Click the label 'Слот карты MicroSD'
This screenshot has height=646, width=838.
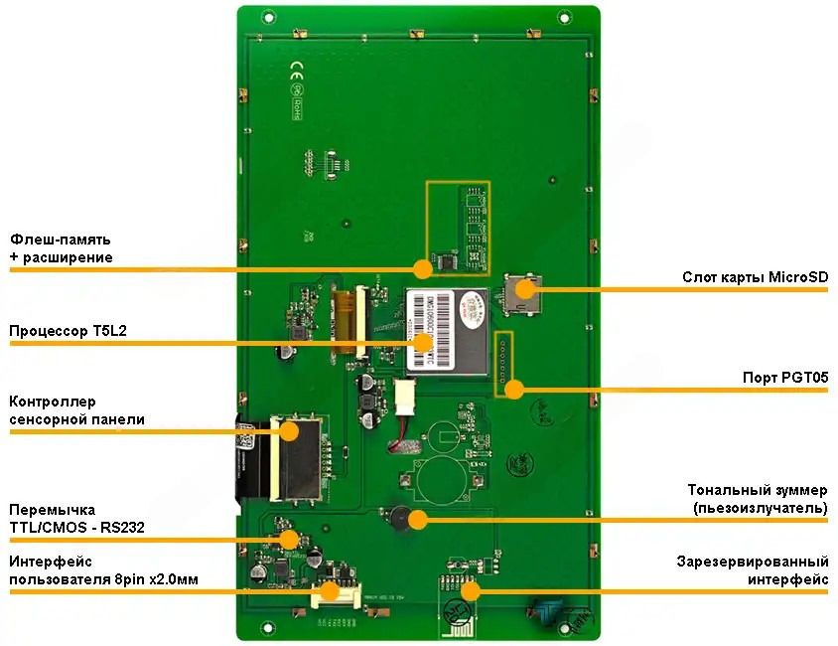[x=755, y=277]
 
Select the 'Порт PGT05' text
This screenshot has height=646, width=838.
[x=785, y=379]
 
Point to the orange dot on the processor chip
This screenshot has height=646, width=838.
[x=424, y=342]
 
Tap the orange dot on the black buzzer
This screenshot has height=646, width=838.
[x=418, y=518]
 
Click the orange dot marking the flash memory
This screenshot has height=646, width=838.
[x=423, y=268]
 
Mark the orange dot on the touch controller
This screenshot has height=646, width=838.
[x=290, y=430]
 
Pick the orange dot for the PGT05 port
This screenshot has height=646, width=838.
[x=513, y=390]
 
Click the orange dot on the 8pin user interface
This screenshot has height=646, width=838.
[x=328, y=591]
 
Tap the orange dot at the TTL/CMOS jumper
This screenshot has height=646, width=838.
[x=289, y=539]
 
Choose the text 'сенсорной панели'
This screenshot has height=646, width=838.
[x=76, y=419]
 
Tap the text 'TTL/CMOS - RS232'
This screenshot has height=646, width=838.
[x=76, y=528]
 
